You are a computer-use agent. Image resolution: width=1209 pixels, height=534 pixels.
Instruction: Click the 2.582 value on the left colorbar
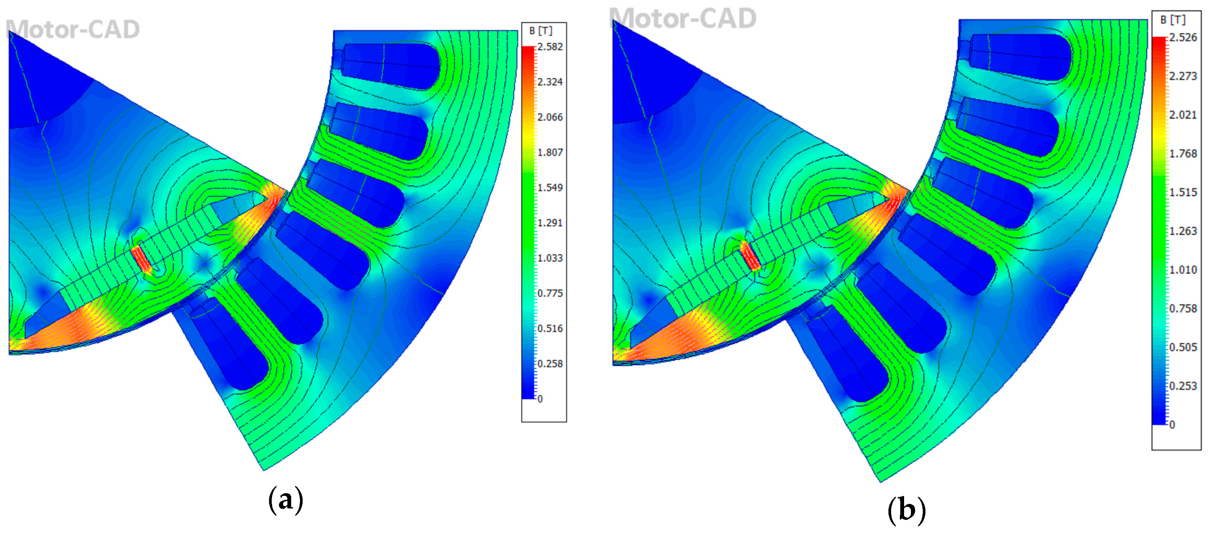[550, 47]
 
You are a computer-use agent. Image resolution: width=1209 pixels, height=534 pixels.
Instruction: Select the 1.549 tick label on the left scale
[550, 187]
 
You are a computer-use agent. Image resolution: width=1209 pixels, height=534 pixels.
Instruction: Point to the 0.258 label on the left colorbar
[550, 363]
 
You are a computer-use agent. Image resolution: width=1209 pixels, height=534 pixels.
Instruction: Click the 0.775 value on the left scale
[550, 293]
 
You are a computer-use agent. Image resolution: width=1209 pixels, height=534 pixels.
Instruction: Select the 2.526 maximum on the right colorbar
[1183, 37]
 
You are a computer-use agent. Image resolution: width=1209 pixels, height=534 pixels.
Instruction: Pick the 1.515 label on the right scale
[1183, 192]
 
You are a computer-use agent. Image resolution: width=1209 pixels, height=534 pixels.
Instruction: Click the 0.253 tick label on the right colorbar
[1183, 386]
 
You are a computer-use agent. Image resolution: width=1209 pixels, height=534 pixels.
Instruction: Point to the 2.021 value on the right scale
[1183, 114]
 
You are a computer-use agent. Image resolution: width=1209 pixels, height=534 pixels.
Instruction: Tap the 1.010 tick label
[1183, 269]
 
